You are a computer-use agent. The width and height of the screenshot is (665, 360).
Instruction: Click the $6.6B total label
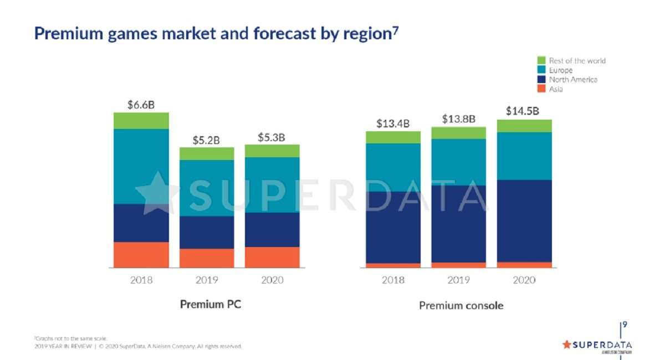(x=141, y=105)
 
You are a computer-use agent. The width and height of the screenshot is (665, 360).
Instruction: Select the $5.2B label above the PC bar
(x=206, y=140)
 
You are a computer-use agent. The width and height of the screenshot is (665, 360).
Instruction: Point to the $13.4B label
(x=393, y=124)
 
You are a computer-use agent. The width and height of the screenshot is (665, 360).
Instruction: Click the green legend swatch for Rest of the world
(x=541, y=60)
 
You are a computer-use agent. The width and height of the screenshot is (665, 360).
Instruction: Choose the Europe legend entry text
(x=561, y=70)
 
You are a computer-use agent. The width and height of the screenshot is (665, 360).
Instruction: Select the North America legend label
(x=573, y=80)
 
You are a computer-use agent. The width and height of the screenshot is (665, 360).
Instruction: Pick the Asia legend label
(x=556, y=89)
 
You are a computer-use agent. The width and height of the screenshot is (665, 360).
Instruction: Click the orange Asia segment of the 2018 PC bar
(x=141, y=255)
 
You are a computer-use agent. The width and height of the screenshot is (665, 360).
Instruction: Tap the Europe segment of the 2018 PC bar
(x=141, y=166)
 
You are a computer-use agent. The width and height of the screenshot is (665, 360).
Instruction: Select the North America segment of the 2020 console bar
(x=524, y=220)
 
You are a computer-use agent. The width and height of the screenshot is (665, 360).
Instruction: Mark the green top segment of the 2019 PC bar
(x=207, y=153)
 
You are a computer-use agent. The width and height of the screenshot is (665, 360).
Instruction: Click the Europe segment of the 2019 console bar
(x=458, y=162)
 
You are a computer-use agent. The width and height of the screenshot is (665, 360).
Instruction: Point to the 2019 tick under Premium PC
(x=207, y=280)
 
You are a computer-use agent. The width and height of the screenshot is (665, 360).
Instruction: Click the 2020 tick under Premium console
(x=524, y=280)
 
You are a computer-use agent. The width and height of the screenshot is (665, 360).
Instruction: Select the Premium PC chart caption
(x=211, y=305)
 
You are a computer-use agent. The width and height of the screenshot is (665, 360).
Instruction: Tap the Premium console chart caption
(x=461, y=305)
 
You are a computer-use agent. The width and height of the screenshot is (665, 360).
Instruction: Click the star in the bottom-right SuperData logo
(x=566, y=344)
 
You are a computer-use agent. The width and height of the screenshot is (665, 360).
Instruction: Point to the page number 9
(x=625, y=325)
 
